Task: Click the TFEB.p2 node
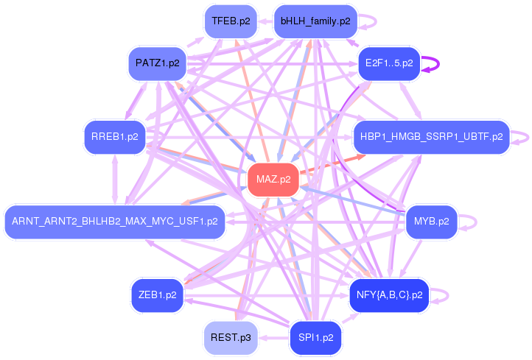(x=231, y=21)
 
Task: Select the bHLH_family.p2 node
(x=315, y=21)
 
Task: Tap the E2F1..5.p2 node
(x=388, y=64)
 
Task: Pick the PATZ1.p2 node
(x=158, y=63)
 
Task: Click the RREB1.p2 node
(x=115, y=137)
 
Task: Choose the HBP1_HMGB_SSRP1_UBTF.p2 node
(x=431, y=137)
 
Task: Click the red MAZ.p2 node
(x=273, y=179)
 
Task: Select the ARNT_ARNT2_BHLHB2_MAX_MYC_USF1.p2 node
(x=115, y=221)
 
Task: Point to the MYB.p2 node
(x=431, y=221)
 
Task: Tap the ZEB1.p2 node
(x=158, y=295)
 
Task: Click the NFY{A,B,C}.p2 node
(x=388, y=295)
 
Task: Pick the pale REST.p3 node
(x=231, y=338)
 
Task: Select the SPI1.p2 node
(x=315, y=338)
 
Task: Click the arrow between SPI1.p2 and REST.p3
(x=273, y=338)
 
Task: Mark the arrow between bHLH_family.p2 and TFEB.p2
(x=265, y=21)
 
